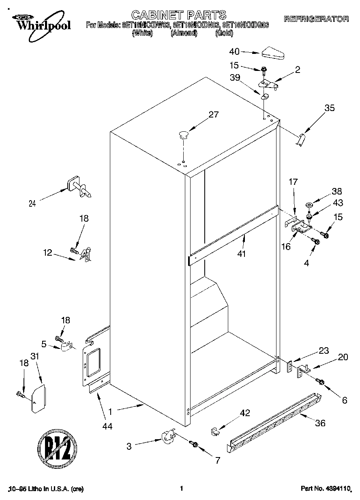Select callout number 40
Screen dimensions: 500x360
coord(234,51)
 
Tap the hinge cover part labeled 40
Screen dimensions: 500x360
coord(274,53)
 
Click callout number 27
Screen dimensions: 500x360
coord(213,115)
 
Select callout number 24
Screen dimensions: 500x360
coord(32,204)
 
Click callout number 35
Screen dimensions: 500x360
coord(330,108)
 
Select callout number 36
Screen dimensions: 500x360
coord(320,423)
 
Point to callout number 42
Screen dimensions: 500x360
coord(244,413)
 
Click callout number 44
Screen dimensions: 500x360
coord(107,426)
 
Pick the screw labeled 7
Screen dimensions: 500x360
coord(193,444)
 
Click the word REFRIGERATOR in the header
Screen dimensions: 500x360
coord(316,19)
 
